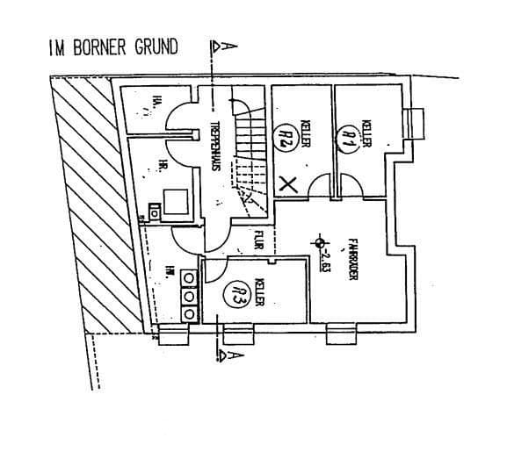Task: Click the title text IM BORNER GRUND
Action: (x=105, y=47)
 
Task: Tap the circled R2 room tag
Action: (x=286, y=136)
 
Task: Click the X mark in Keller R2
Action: (x=286, y=183)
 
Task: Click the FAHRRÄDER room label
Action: (x=351, y=259)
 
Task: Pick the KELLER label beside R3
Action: (x=259, y=292)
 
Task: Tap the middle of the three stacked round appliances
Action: (x=188, y=296)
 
